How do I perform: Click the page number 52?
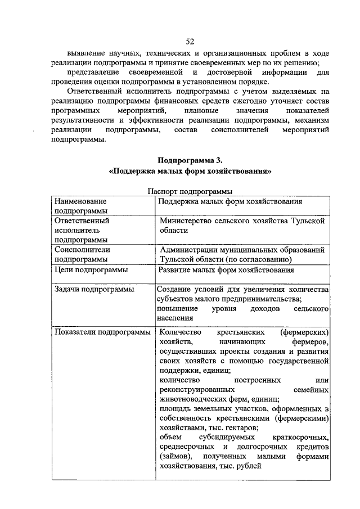click(x=190, y=41)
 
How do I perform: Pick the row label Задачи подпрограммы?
click(x=94, y=289)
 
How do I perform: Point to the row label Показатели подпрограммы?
click(x=102, y=332)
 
